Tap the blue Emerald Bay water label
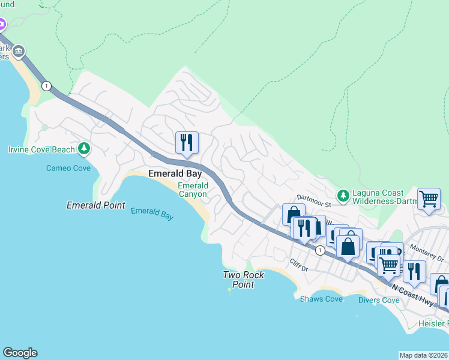pos(152,213)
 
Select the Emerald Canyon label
pos(193,190)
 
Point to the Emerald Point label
pos(95,205)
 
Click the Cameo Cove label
pos(68,168)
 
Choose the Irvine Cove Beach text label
pos(41,149)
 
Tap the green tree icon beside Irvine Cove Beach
pos(85,148)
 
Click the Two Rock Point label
pos(240,280)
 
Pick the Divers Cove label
pos(379,299)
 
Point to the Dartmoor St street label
pos(314,197)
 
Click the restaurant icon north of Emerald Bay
pos(187,142)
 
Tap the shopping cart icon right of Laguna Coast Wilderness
pos(429,198)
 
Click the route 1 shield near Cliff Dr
pos(321,250)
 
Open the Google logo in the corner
pos(20,353)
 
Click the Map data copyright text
pos(423,355)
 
